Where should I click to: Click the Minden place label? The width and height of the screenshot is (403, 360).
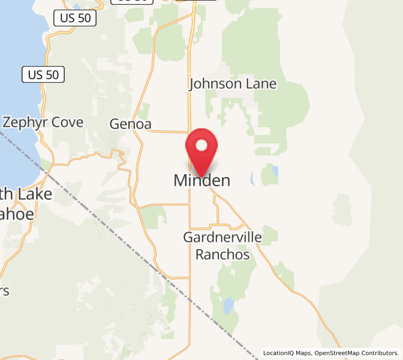(x=201, y=180)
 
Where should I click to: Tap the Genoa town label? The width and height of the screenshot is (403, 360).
(x=130, y=124)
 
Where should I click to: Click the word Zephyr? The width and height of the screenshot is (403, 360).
(x=26, y=122)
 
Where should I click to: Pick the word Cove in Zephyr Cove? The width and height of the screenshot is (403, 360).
(x=68, y=122)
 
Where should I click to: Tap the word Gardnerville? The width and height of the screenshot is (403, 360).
(x=222, y=238)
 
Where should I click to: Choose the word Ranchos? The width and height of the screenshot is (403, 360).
(x=222, y=254)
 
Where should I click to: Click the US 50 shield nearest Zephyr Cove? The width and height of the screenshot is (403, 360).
(x=43, y=75)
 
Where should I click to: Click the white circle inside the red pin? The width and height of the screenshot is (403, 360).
(x=201, y=145)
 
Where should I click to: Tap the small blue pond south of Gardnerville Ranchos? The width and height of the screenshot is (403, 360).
(x=228, y=307)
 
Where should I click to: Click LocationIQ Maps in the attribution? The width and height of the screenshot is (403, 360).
(x=287, y=353)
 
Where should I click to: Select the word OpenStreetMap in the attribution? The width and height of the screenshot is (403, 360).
(x=339, y=353)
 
